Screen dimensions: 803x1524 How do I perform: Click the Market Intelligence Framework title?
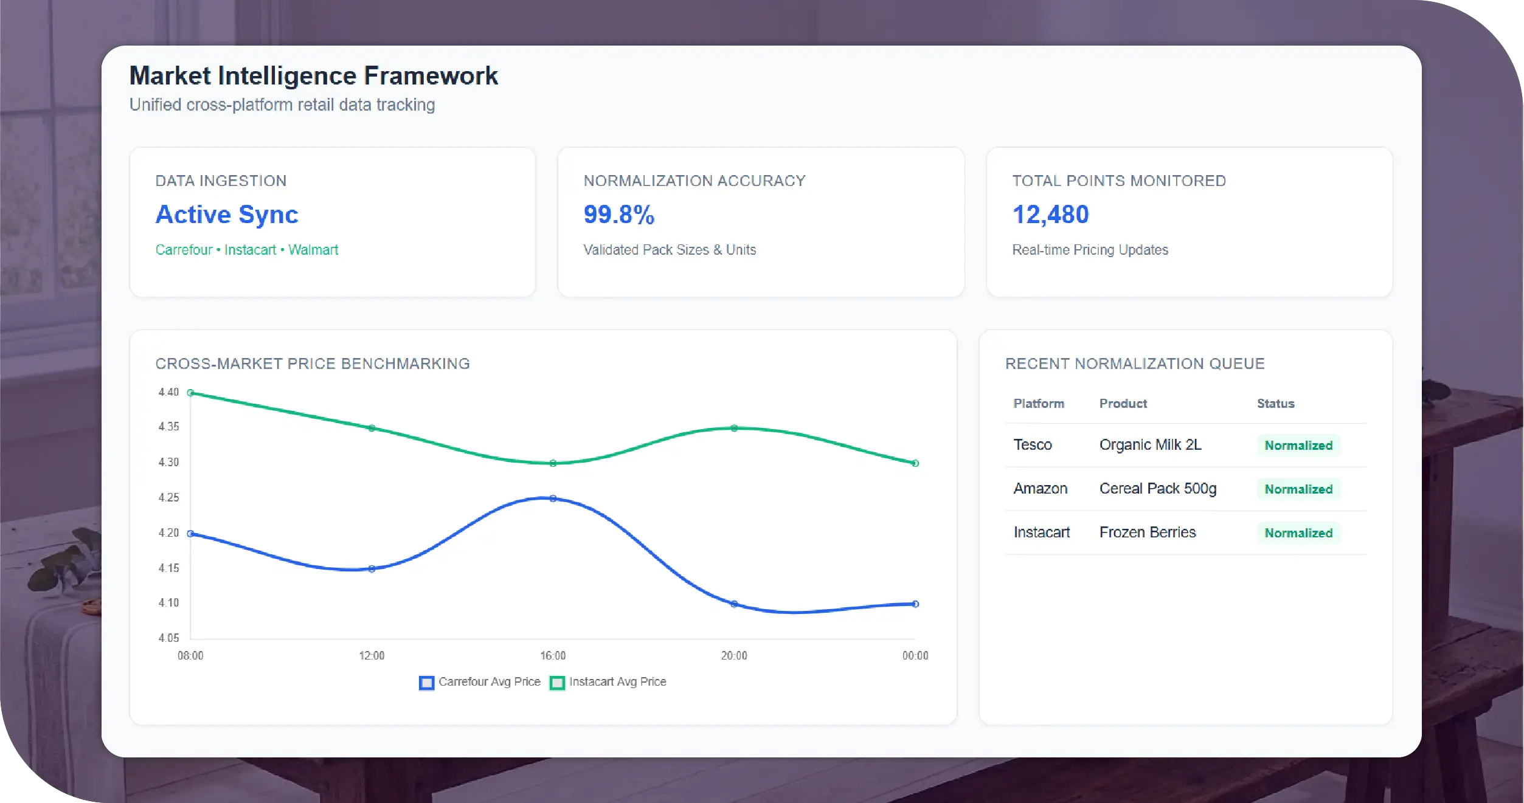[313, 76]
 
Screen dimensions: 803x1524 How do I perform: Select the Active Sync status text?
[227, 215]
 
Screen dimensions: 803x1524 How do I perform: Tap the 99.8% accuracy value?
[618, 215]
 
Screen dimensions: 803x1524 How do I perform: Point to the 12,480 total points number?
[1050, 215]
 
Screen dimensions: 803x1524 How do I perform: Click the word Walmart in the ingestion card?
[313, 250]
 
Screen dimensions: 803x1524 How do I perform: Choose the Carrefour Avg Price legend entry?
[480, 682]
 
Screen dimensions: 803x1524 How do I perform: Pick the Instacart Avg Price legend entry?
[609, 682]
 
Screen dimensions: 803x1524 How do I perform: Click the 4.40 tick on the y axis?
[168, 392]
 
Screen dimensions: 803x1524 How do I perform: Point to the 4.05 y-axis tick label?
[168, 638]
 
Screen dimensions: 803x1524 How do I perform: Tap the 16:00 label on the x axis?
[553, 656]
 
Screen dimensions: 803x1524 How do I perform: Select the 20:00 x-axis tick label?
[734, 656]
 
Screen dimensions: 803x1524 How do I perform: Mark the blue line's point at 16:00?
[553, 498]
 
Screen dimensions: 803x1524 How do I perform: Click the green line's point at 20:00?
[734, 428]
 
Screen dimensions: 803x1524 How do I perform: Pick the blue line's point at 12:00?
[372, 569]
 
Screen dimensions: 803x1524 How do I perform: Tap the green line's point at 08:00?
[190, 393]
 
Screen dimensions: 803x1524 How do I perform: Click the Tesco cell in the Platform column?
[1033, 445]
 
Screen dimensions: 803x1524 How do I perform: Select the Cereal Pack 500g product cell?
[1158, 489]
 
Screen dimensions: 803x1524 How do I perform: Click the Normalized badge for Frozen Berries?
[1298, 533]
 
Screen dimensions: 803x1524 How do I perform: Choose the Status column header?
[1275, 404]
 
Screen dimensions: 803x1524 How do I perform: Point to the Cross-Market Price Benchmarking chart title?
[313, 364]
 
